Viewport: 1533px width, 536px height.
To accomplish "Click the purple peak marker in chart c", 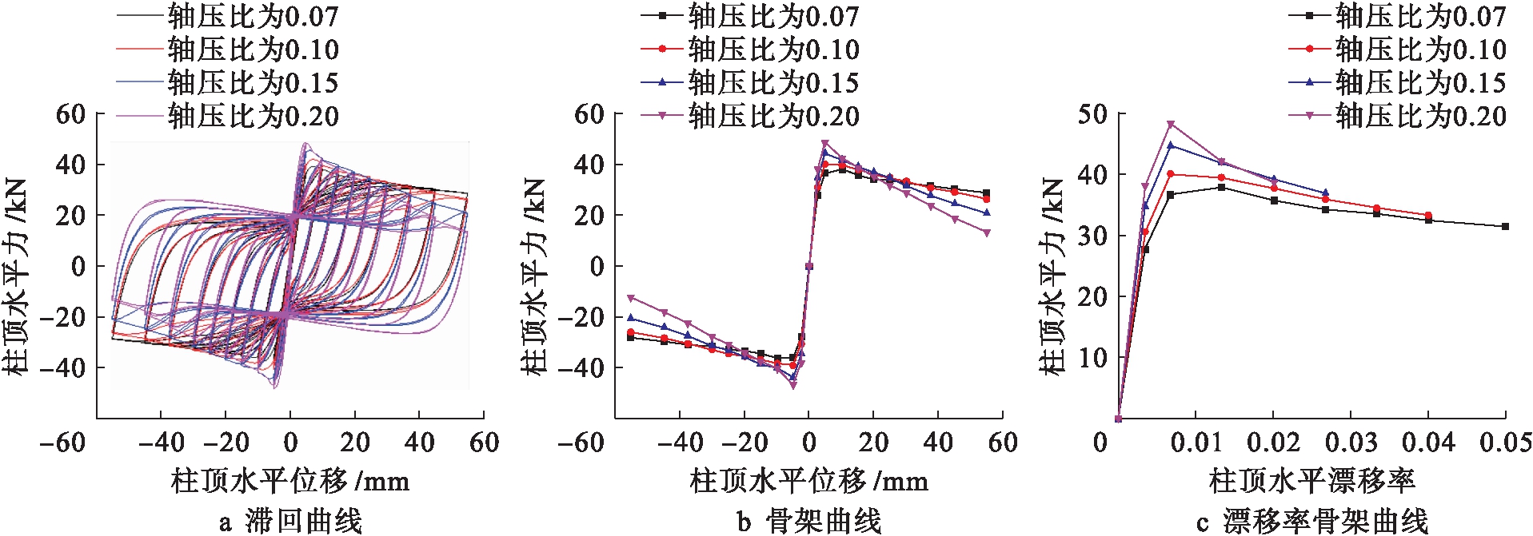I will tap(1171, 125).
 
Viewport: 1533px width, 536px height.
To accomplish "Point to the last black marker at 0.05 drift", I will tap(1505, 227).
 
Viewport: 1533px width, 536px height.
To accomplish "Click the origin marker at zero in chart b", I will tap(809, 267).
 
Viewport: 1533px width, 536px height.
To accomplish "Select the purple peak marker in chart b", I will tap(825, 144).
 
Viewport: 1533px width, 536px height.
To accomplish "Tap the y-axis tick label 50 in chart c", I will tap(1092, 114).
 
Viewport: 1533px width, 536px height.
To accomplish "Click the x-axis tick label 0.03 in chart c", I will tap(1351, 443).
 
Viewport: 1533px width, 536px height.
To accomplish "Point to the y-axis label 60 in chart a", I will tap(70, 114).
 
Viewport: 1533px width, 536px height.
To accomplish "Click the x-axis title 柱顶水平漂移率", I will tap(1311, 481).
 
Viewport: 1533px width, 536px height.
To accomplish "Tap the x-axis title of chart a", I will tap(289, 481).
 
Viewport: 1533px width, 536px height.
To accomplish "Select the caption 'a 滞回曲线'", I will tap(290, 521).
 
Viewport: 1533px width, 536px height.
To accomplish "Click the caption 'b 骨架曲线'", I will tap(809, 521).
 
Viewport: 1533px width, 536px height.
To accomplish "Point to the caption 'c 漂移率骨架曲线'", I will tap(1311, 521).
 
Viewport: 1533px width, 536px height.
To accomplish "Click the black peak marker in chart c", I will tap(1221, 187).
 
